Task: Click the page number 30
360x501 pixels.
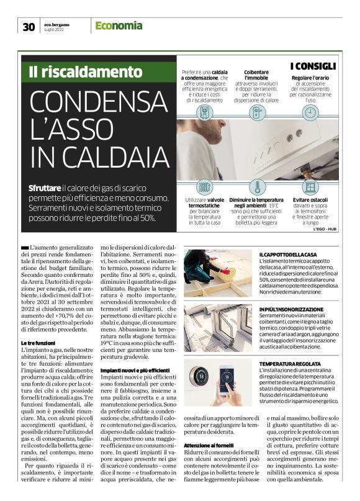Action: click(x=28, y=26)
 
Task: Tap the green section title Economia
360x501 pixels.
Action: click(x=119, y=25)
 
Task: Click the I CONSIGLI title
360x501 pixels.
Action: click(x=313, y=66)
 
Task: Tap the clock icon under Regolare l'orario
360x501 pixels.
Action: click(x=308, y=112)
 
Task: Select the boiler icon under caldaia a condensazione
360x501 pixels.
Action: click(x=204, y=112)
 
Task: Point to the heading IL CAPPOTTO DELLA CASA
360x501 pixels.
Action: click(x=288, y=254)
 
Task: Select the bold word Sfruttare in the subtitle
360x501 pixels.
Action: click(x=45, y=187)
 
